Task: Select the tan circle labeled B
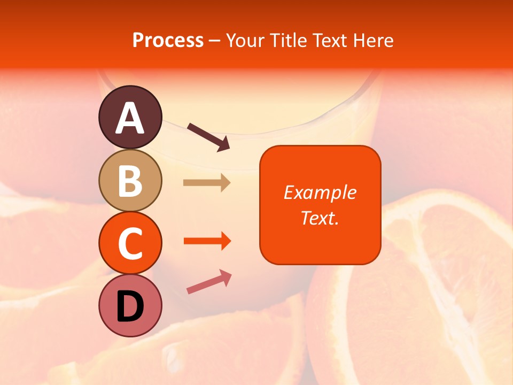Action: tap(130, 180)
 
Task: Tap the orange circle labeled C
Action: tap(130, 243)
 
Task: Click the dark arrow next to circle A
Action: tap(208, 136)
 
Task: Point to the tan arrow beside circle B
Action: tap(207, 183)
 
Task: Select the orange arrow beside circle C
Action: tap(207, 241)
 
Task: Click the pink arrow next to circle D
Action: tap(209, 282)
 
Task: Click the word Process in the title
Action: tap(168, 41)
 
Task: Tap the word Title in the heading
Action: tap(289, 41)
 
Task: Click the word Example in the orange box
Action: tap(320, 192)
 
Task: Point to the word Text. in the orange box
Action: tap(320, 218)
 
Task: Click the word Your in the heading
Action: tap(246, 41)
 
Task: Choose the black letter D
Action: tap(130, 307)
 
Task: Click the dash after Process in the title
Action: tap(215, 41)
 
